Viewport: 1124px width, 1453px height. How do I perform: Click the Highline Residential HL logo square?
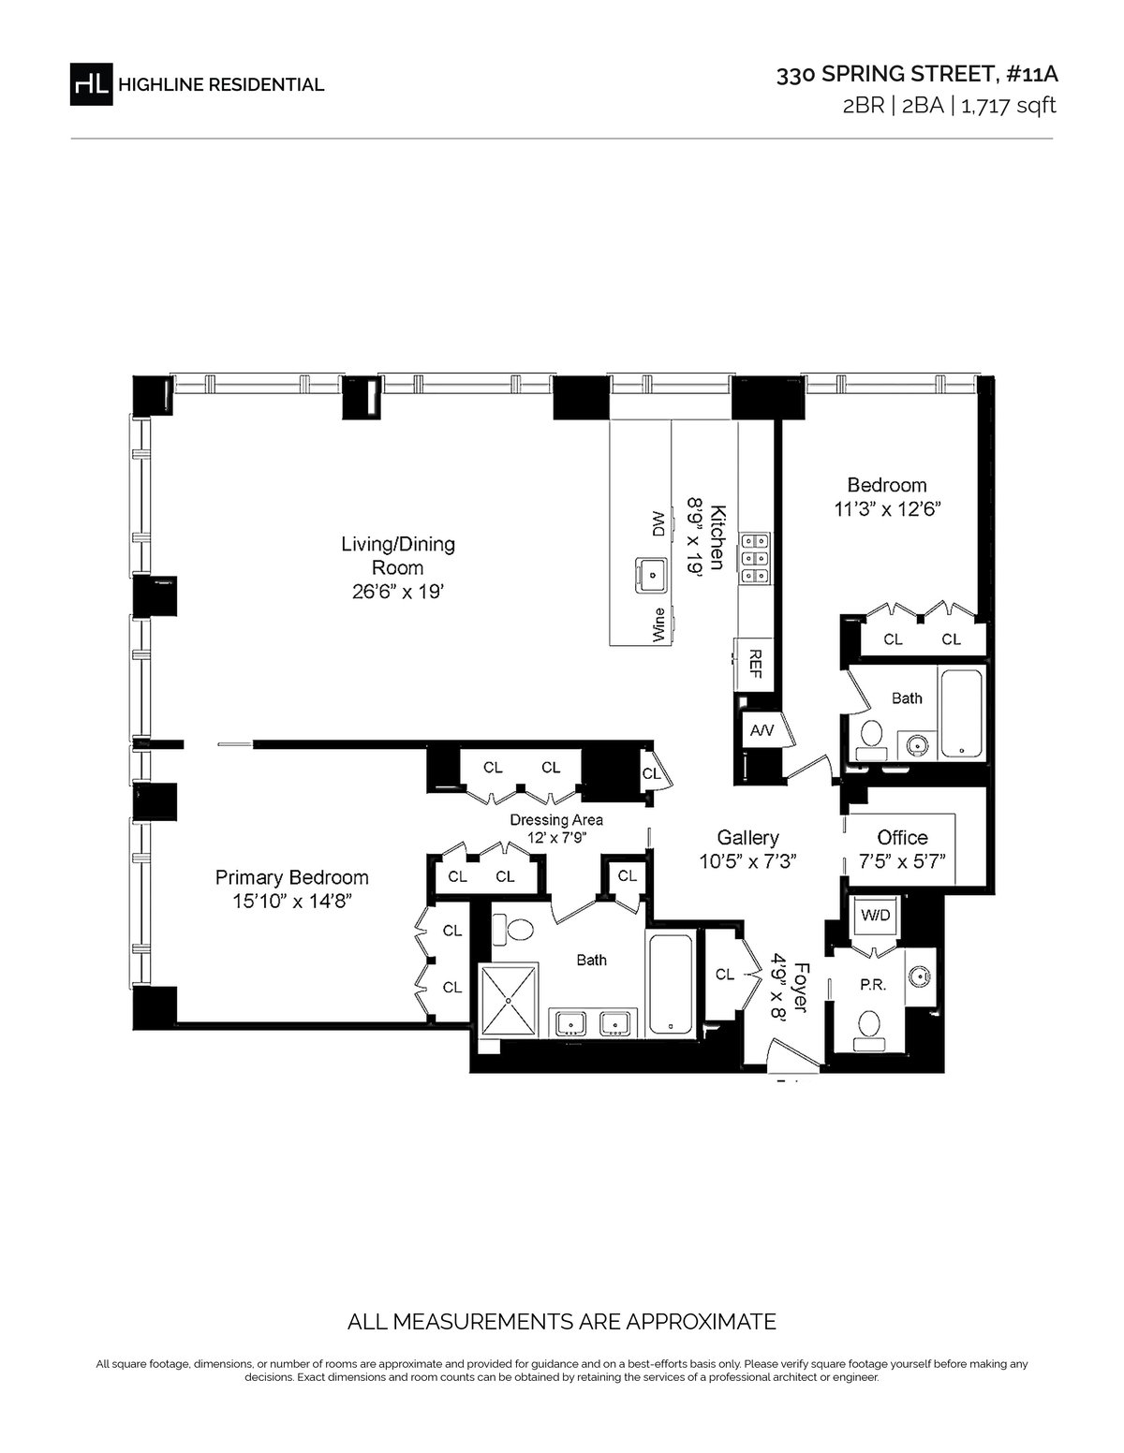coord(92,84)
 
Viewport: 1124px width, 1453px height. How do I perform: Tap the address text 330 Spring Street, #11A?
coord(917,75)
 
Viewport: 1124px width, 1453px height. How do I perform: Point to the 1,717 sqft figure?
coord(1009,107)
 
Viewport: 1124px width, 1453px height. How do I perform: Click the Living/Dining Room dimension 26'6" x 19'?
coord(398,592)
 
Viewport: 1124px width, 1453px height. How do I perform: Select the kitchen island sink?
coord(651,575)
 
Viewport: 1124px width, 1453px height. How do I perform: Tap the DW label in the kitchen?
coord(658,523)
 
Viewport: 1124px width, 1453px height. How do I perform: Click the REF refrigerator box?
coord(754,665)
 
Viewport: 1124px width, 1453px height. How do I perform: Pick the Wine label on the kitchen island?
coord(658,625)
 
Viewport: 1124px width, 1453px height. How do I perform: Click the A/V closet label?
coord(762,731)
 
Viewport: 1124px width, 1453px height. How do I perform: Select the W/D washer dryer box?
coord(875,916)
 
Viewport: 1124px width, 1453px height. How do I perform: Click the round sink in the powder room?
coord(920,976)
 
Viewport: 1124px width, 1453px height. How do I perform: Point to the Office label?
coord(902,837)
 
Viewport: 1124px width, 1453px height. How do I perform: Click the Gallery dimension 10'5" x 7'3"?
coord(748,861)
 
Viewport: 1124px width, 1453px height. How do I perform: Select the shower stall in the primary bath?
coord(509,1000)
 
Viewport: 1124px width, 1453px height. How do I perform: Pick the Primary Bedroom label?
coord(291,876)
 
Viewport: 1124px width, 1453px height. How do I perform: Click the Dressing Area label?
coord(556,820)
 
